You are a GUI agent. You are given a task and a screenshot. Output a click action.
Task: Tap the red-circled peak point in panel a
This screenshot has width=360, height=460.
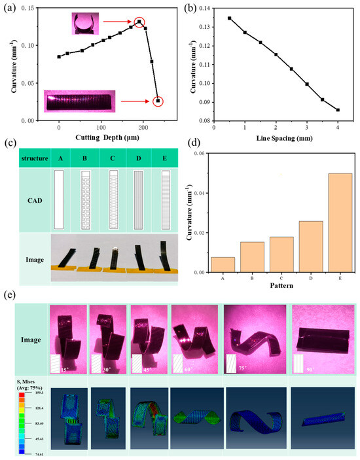(139, 22)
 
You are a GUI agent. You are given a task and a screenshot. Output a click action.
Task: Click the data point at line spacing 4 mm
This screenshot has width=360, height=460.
(338, 110)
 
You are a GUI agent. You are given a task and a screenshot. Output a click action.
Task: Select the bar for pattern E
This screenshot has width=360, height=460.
(340, 222)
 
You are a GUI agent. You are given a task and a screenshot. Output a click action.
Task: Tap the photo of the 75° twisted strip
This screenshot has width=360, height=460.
(253, 339)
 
